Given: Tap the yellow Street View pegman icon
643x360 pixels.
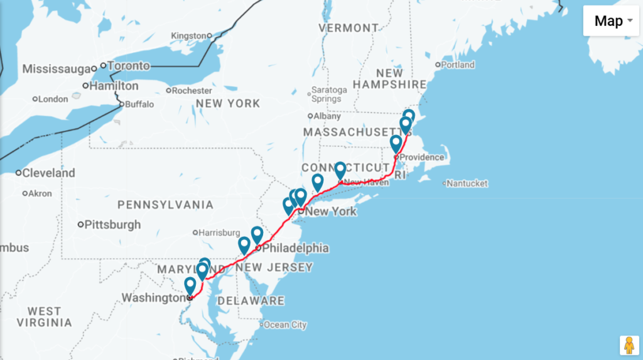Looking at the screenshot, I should (x=629, y=345).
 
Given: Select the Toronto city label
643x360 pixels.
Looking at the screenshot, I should (x=129, y=65).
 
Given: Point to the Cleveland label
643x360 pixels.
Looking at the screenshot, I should (x=48, y=173).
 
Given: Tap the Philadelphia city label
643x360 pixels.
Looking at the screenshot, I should (x=295, y=248).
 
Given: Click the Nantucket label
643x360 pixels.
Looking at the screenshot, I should (x=467, y=183).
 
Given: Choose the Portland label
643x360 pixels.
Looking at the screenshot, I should (x=458, y=64).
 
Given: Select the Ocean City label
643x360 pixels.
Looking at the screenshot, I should (x=285, y=325).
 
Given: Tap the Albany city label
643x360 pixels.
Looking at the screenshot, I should (x=327, y=116).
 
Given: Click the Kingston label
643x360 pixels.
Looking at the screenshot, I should (x=188, y=35).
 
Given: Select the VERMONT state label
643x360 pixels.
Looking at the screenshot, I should (x=349, y=28).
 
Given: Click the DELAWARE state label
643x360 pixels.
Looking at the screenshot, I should (x=251, y=301).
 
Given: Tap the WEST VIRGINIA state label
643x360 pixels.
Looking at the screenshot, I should (x=44, y=317).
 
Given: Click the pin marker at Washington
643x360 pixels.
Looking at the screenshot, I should (x=190, y=286).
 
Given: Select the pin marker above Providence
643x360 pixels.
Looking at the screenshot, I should (x=396, y=144).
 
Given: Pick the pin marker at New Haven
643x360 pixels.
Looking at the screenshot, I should (x=340, y=170).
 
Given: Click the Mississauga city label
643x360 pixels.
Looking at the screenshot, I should (x=56, y=68).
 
